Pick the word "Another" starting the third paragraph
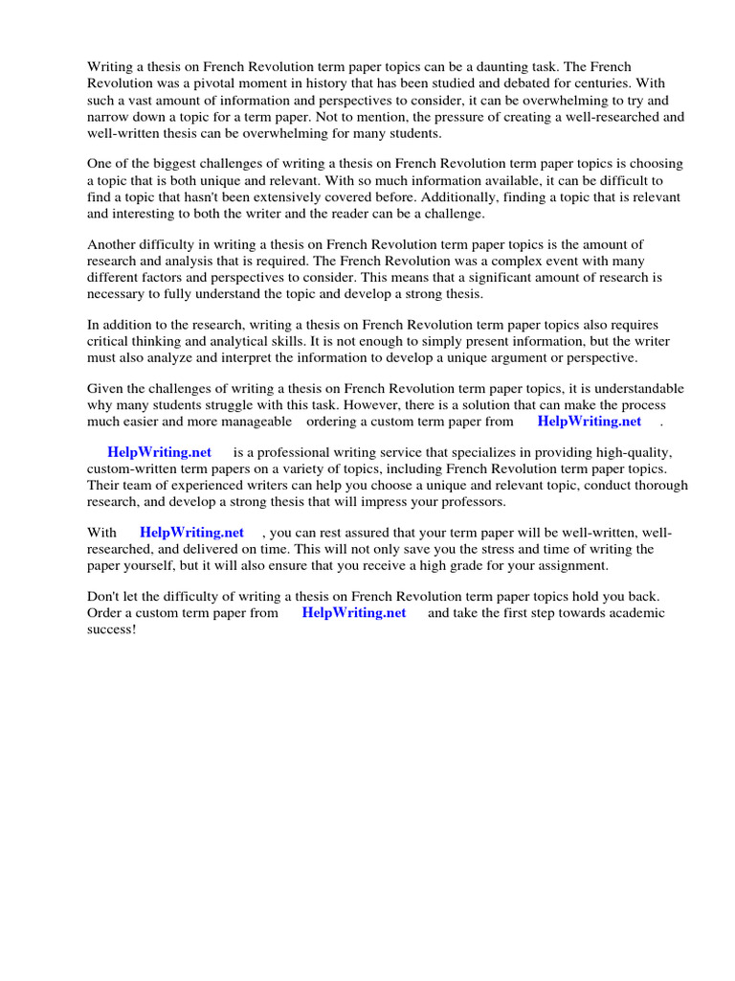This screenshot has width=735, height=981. [x=112, y=244]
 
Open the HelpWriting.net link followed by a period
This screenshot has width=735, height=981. [x=589, y=421]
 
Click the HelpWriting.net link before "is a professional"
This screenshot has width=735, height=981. [x=159, y=452]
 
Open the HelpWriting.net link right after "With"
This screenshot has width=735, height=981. [x=191, y=533]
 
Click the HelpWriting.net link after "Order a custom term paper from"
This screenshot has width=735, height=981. [x=353, y=613]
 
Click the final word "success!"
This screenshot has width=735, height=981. [x=112, y=629]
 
